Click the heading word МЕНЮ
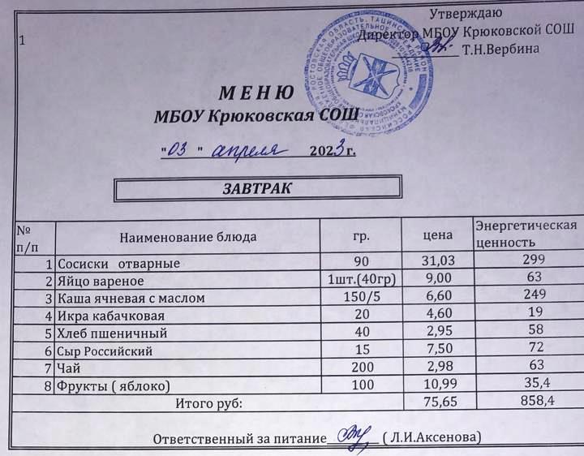[254, 92]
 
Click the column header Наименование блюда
[188, 237]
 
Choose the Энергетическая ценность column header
[525, 233]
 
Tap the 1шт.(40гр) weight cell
[359, 281]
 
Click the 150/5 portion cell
[358, 298]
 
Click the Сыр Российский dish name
[105, 351]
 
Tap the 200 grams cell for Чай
[358, 368]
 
